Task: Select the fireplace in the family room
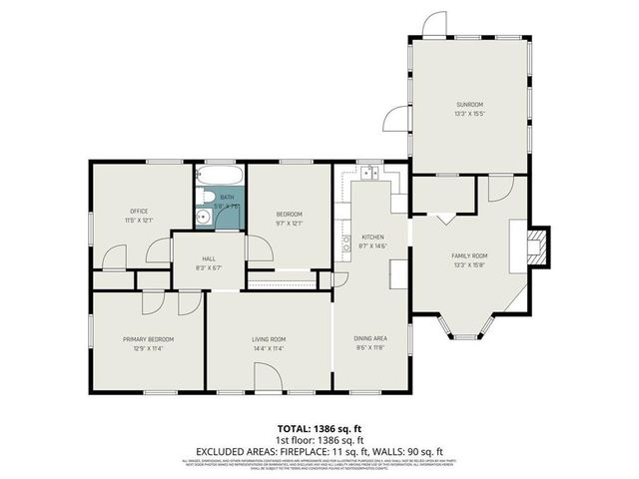536,244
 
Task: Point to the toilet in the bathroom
203,216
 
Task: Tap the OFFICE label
138,211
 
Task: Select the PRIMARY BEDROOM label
149,339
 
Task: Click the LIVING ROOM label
269,339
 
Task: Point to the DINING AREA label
372,339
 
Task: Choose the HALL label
209,257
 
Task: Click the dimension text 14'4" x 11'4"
269,349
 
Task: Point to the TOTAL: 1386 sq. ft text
319,426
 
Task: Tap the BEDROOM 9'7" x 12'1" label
289,218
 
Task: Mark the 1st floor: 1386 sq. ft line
319,438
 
